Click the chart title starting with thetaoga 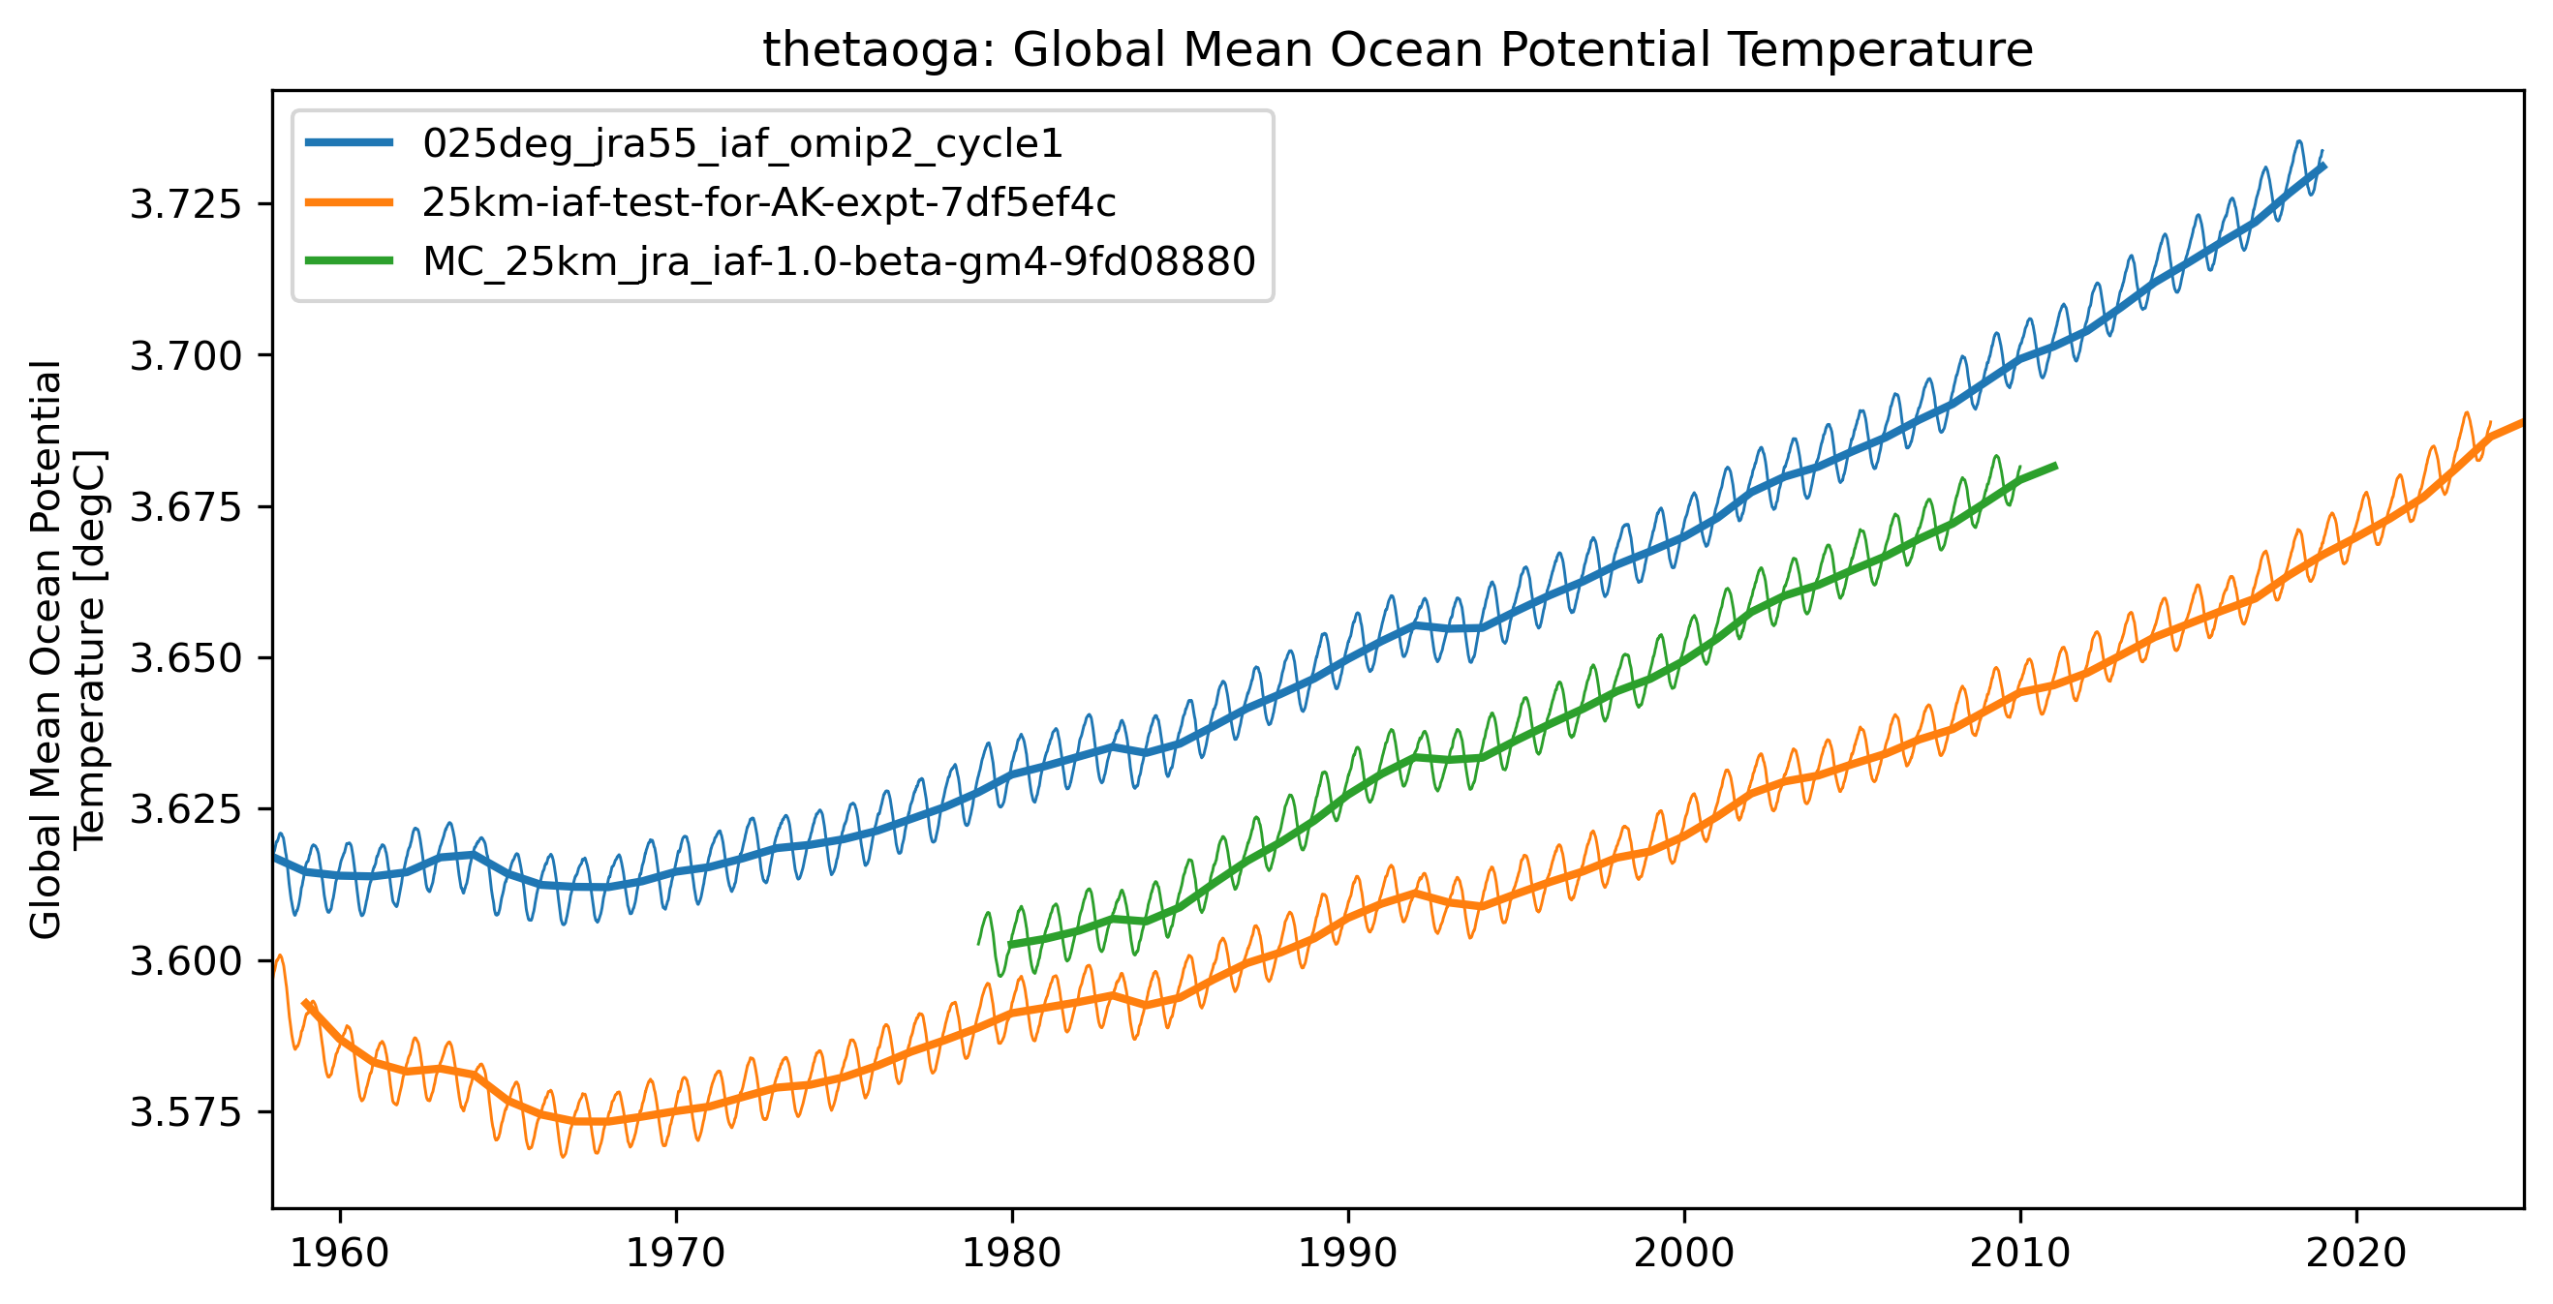click(x=1398, y=49)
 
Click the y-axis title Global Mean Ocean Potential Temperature click(x=67, y=649)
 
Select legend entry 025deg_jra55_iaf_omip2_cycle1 click(x=741, y=143)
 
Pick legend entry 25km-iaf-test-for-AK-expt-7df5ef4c click(x=768, y=202)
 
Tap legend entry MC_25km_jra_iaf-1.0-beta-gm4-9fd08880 click(x=839, y=261)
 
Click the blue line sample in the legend click(x=349, y=143)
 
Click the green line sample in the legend click(x=349, y=261)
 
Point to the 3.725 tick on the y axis click(x=185, y=204)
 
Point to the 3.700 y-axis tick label click(x=185, y=355)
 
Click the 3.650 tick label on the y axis click(x=185, y=658)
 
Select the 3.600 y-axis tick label click(x=185, y=961)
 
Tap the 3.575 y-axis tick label click(x=185, y=1112)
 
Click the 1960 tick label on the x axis click(x=340, y=1254)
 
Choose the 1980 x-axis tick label click(x=1012, y=1254)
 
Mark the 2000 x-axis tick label click(x=1684, y=1254)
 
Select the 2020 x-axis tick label click(x=2355, y=1254)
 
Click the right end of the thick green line click(x=2055, y=466)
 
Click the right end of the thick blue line click(x=2324, y=167)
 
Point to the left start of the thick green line click(x=1011, y=944)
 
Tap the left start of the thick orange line click(x=304, y=1002)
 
